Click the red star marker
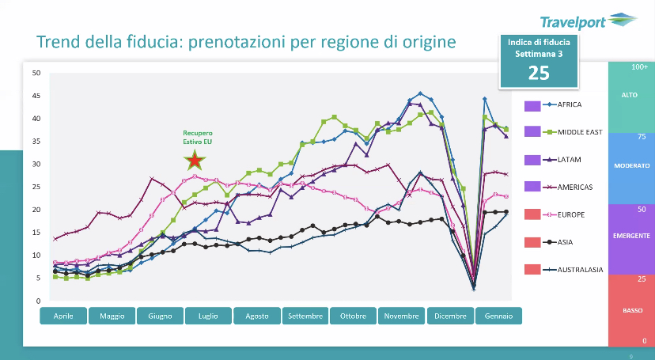pos(195,161)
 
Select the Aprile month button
pos(63,316)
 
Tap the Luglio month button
pos(209,316)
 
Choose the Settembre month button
pos(305,316)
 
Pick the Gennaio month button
pos(498,316)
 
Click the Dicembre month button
pos(450,316)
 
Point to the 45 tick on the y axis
pos(36,96)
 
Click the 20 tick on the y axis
pos(36,210)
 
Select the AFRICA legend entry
pos(569,104)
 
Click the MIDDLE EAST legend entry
pos(579,132)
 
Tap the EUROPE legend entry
pos(571,214)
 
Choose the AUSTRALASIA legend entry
pos(580,270)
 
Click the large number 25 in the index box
pos(539,73)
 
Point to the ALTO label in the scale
pos(630,95)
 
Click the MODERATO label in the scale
pos(630,165)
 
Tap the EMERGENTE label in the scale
pos(630,236)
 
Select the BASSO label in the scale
pos(630,310)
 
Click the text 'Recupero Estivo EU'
pos(198,138)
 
